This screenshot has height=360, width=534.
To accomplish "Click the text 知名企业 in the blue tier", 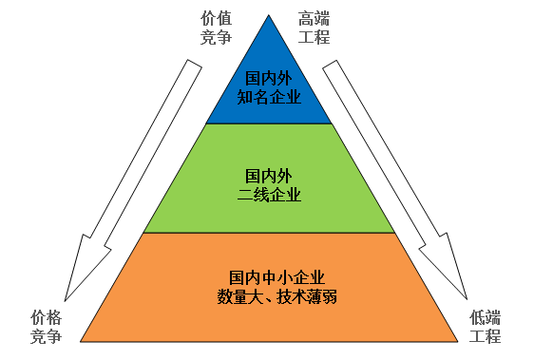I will point(269,97).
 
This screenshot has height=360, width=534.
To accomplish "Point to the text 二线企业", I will point(269,195).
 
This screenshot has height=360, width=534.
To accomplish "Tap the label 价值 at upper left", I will point(217,18).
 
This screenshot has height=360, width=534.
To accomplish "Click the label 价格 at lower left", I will point(46,317).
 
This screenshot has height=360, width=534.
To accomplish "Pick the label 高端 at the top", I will point(313,18).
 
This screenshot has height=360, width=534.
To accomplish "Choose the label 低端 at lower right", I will point(486,317).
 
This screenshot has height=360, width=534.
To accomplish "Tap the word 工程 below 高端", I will point(313,37).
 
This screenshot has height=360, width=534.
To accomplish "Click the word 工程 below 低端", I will point(486,336).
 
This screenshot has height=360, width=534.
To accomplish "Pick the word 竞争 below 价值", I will point(217,37).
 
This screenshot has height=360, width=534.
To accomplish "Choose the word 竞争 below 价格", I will point(46,336).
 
